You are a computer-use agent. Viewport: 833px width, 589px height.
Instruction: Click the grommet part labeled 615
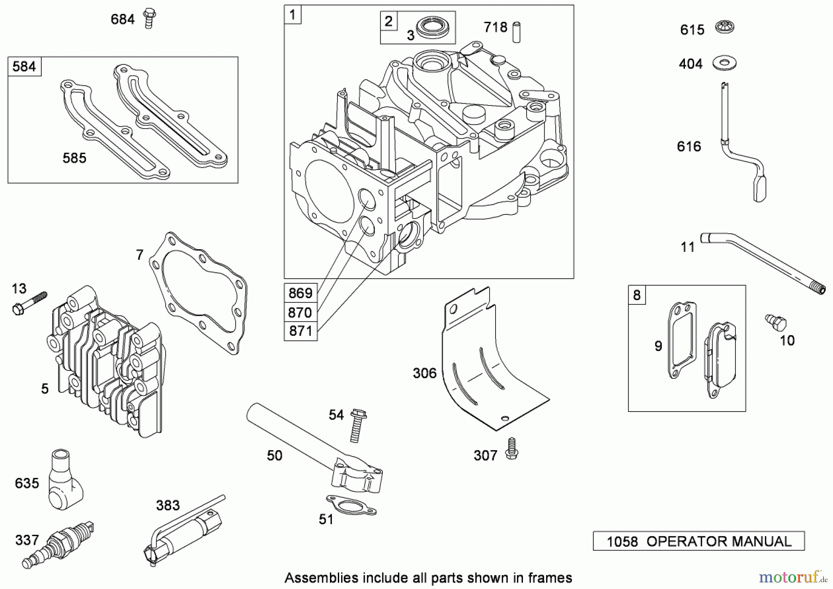tap(725, 27)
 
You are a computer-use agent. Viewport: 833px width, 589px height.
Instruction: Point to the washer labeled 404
tap(724, 63)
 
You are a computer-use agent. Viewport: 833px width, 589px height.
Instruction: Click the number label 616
tap(689, 147)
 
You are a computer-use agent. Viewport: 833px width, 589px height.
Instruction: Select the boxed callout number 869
tap(300, 293)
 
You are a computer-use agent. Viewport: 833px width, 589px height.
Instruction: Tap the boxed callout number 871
tap(300, 332)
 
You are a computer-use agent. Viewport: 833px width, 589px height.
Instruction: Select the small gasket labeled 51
tap(351, 505)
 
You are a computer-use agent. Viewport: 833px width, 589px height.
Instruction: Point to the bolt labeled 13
tap(29, 303)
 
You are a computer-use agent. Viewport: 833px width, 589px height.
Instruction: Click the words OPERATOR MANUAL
tap(719, 541)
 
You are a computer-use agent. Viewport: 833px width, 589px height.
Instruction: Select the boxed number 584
tap(24, 67)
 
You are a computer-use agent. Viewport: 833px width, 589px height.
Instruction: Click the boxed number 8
tap(637, 295)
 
